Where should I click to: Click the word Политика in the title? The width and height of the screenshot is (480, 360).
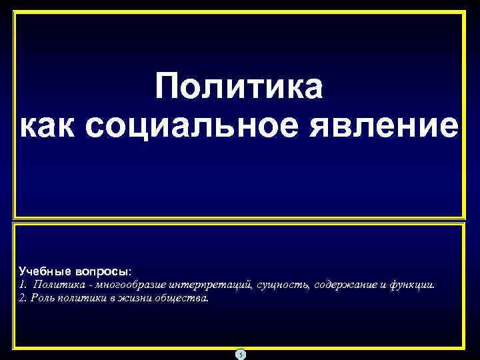[239, 89]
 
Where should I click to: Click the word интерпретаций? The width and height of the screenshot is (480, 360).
[210, 286]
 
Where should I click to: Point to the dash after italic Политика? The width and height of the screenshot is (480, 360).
[89, 287]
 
